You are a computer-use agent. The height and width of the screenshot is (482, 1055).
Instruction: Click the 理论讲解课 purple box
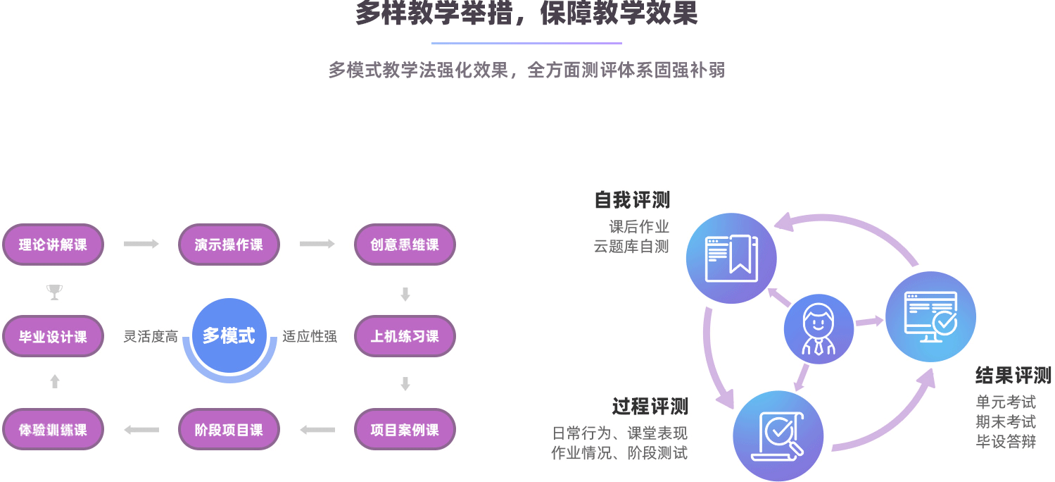[x=53, y=245]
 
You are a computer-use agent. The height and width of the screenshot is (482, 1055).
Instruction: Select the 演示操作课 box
[x=229, y=245]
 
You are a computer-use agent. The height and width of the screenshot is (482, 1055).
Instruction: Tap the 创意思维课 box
[x=405, y=245]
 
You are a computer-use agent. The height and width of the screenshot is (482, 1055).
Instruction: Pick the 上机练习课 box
[x=405, y=336]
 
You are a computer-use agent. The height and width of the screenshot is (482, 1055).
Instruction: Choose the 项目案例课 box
[x=405, y=429]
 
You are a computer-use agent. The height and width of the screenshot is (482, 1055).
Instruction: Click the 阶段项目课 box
[x=229, y=429]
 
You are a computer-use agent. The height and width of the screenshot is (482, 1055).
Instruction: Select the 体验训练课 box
[x=53, y=429]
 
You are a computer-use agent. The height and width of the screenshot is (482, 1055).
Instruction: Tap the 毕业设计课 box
[x=53, y=336]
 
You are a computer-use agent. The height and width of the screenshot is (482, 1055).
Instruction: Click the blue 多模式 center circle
[x=229, y=336]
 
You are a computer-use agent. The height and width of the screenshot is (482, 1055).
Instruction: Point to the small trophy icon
[x=54, y=292]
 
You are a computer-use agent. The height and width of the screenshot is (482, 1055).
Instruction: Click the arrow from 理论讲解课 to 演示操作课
[x=141, y=244]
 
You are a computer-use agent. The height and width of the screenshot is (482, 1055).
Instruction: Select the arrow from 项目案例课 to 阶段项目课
[x=317, y=429]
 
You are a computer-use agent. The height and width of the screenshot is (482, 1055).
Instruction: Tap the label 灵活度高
[x=151, y=337]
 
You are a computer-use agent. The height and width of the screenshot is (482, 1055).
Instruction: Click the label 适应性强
[x=310, y=337]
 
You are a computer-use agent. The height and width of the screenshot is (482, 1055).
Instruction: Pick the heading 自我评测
[x=631, y=200]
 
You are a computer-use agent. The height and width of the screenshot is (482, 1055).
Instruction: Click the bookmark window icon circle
[x=731, y=258]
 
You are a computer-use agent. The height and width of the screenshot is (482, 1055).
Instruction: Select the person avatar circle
[x=819, y=329]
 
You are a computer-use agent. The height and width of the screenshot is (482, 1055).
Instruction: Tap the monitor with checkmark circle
[x=930, y=316]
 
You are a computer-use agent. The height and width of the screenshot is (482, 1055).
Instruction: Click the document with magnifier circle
[x=778, y=435]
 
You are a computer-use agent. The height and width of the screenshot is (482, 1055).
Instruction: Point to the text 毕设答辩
[x=1006, y=442]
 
